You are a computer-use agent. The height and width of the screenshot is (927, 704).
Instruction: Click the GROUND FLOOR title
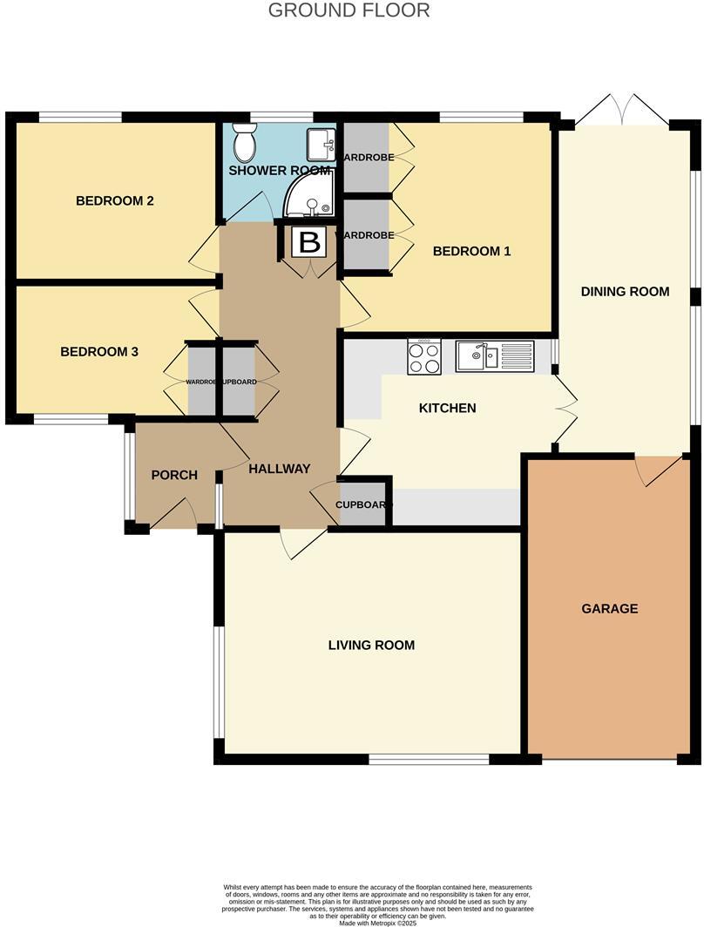click(x=349, y=10)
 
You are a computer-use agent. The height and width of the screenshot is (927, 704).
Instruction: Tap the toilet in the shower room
click(x=244, y=141)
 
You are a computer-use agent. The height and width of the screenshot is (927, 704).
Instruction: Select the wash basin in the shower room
click(x=321, y=143)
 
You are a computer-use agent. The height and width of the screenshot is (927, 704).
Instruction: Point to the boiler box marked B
click(x=309, y=242)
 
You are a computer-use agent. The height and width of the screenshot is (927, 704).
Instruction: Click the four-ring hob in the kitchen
click(x=424, y=356)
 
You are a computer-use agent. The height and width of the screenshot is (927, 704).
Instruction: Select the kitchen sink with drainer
click(x=494, y=355)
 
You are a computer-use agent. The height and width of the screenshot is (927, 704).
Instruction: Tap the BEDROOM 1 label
click(x=471, y=251)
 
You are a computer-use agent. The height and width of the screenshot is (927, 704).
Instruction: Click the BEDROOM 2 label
click(x=115, y=200)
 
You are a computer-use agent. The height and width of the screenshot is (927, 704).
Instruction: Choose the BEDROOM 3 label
click(x=99, y=352)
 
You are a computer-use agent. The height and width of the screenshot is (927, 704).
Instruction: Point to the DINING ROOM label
click(x=625, y=291)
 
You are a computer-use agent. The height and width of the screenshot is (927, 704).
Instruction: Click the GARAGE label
click(x=610, y=608)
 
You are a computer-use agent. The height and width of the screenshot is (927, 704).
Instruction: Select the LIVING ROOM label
click(x=371, y=645)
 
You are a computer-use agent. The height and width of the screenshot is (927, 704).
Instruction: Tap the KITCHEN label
click(x=447, y=408)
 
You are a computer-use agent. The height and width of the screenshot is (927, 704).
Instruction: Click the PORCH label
click(x=174, y=475)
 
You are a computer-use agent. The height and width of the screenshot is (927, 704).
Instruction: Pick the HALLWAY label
click(x=279, y=469)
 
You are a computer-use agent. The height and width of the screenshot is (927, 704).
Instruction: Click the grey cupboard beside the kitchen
click(x=363, y=504)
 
